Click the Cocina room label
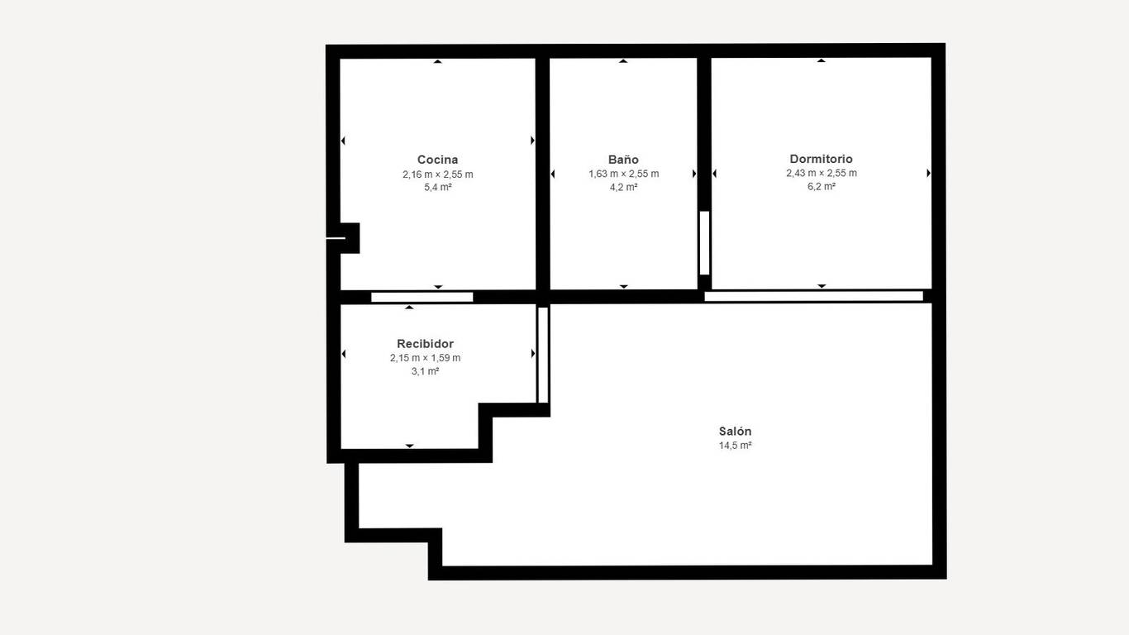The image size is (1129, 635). [437, 160]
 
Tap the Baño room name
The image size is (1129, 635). [623, 160]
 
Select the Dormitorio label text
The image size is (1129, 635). [821, 159]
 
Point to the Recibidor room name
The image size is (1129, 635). [425, 343]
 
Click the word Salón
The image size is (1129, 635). [735, 431]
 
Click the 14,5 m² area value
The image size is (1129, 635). [735, 446]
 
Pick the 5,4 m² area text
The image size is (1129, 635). [437, 187]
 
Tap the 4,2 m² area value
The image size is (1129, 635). [623, 187]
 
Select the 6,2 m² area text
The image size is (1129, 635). [821, 186]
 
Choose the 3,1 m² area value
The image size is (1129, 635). [425, 371]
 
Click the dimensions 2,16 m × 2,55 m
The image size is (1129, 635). [437, 174]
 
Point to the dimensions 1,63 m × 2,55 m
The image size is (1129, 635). [623, 174]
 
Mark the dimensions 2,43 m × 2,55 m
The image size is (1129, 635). [821, 173]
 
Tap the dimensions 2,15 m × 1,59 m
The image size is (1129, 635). [425, 357]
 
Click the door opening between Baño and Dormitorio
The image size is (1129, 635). [705, 243]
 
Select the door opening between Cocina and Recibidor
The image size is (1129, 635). [422, 297]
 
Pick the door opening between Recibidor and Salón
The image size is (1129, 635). [543, 355]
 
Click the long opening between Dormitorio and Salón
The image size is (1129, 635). [813, 296]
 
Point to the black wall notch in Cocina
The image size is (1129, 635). [350, 238]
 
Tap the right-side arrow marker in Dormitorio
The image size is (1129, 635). [928, 173]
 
